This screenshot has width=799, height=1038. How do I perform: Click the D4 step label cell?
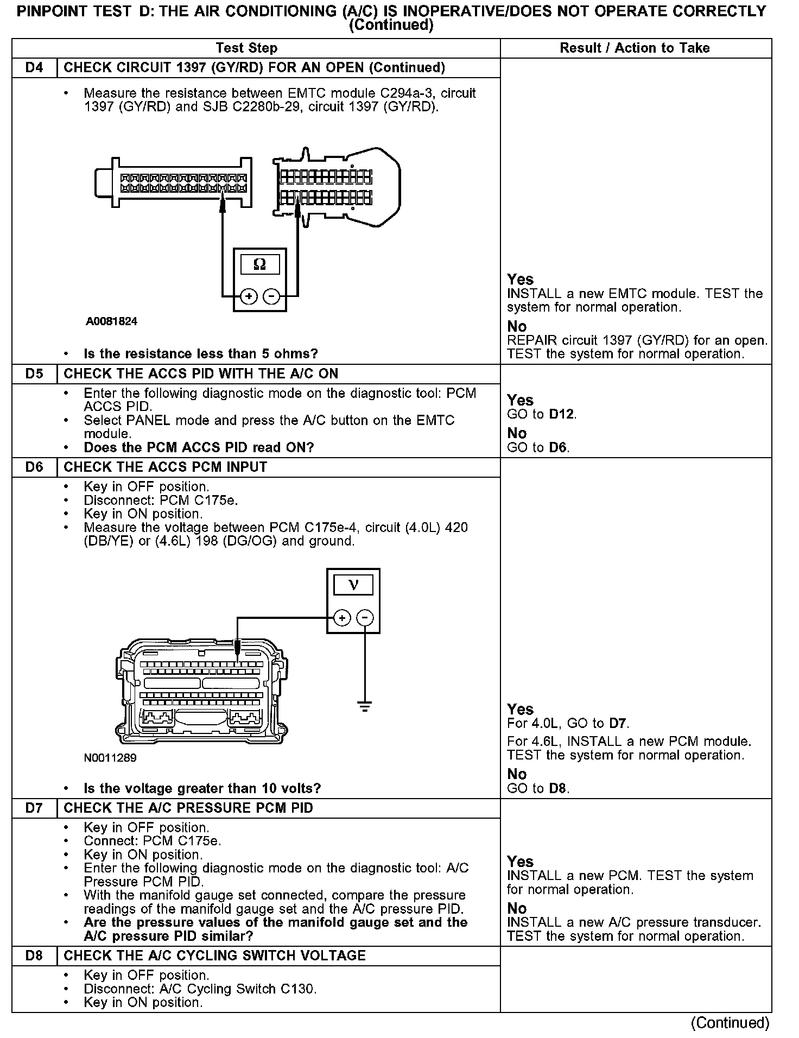pos(34,68)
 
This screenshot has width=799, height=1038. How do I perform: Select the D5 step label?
pos(34,374)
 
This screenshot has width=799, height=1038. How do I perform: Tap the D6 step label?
pos(34,467)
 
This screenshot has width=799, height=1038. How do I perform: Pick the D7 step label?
pos(34,808)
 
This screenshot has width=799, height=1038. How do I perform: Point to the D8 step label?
pos(34,956)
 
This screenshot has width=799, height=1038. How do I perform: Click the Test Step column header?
pos(246,48)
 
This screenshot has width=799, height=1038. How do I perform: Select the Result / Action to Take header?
pos(635,48)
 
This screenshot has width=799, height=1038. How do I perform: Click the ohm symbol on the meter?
pos(260,264)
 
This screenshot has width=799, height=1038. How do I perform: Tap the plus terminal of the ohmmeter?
pos(249,296)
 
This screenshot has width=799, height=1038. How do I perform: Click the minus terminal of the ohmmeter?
pos(271,296)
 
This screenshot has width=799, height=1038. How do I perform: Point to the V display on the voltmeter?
pos(353,585)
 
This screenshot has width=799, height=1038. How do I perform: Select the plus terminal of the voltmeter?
pos(342,618)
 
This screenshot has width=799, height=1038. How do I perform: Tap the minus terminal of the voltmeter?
pos(365,618)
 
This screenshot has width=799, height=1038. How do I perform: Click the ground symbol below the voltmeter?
pos(365,706)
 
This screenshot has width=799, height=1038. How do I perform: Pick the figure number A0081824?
pos(111,321)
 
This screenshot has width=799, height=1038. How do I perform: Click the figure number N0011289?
pos(110,758)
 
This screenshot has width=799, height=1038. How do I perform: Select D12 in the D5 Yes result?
pos(561,414)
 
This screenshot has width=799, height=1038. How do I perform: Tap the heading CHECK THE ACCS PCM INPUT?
pos(166,467)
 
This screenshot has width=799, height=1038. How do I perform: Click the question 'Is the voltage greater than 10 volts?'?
pos(202,788)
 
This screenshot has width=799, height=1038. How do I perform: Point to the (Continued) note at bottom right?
pos(730,1023)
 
